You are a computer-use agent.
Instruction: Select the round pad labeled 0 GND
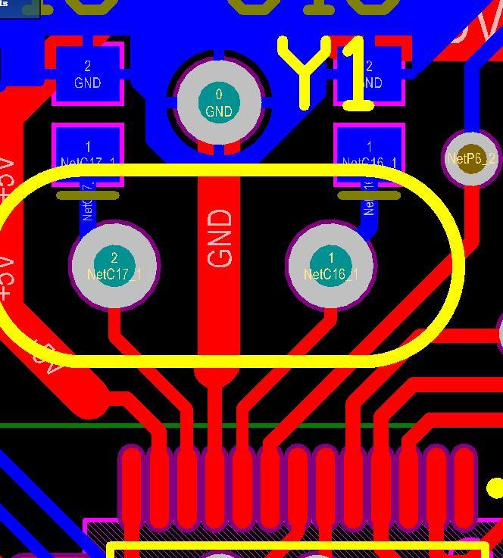point(219,102)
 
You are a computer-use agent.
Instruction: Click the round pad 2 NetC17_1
point(114,265)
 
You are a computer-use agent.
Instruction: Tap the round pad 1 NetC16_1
point(330,265)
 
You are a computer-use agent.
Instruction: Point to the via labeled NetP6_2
point(471,158)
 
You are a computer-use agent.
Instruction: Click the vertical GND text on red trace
point(219,238)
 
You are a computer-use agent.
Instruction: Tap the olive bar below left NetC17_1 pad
point(88,195)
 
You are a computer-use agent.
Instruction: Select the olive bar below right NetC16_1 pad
point(369,195)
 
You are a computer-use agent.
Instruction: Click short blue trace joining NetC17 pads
point(88,208)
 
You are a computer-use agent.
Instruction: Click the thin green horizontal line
point(61,426)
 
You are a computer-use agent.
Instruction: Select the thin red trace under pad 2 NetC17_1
point(115,326)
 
